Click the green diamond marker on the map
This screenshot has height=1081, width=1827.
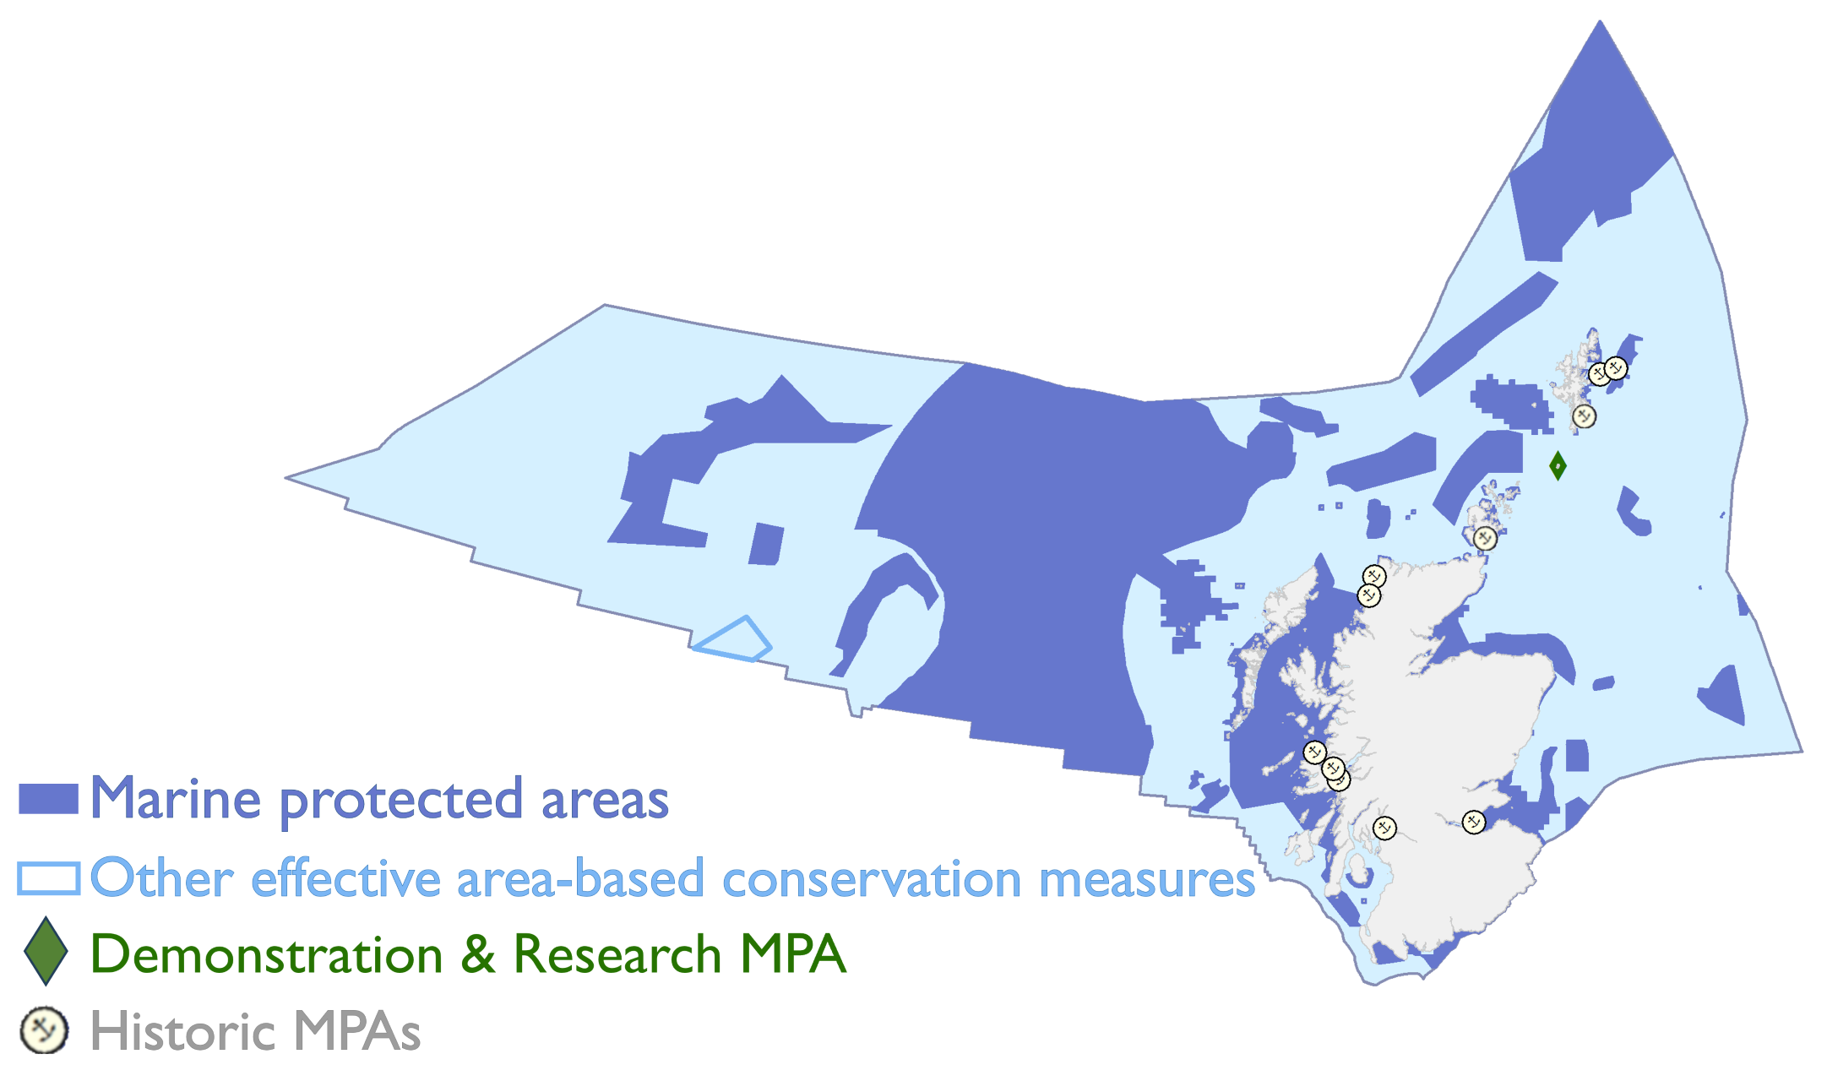1558,465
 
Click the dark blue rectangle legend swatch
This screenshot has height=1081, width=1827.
48,799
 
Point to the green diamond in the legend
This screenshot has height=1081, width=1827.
46,951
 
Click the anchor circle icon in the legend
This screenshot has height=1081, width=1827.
44,1030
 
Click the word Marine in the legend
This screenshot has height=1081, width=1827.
176,798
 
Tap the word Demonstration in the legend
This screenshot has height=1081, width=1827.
267,954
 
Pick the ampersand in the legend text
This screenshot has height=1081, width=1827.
478,954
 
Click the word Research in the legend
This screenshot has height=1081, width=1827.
617,954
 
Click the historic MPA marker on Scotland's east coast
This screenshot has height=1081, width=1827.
1473,822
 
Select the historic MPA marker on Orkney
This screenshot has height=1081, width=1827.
1485,537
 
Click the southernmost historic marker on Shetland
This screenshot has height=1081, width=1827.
1584,416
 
